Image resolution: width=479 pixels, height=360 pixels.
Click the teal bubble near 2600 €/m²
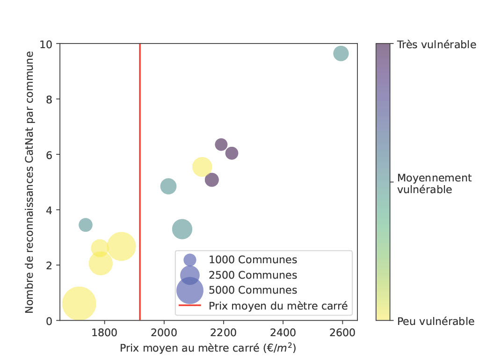click(341, 53)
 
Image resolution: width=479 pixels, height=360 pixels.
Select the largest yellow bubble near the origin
click(79, 303)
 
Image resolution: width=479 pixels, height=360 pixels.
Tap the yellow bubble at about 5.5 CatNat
click(202, 166)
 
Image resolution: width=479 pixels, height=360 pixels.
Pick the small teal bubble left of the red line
click(85, 225)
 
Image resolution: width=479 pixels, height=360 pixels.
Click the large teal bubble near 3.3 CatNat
click(182, 229)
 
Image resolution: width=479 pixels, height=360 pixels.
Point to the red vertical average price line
click(140, 140)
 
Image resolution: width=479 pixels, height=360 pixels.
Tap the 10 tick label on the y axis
click(49, 44)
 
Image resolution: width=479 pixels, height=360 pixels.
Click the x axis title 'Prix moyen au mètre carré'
click(208, 348)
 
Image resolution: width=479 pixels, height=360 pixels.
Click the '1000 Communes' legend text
click(253, 260)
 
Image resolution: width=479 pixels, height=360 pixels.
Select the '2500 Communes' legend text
click(253, 275)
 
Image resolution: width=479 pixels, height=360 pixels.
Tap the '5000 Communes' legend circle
click(189, 290)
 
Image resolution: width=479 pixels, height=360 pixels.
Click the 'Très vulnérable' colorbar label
click(436, 45)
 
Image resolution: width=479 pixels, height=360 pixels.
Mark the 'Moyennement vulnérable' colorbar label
click(434, 183)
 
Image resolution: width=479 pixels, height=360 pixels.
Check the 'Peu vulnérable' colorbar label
click(435, 321)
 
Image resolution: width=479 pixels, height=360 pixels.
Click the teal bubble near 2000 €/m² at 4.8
click(168, 186)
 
